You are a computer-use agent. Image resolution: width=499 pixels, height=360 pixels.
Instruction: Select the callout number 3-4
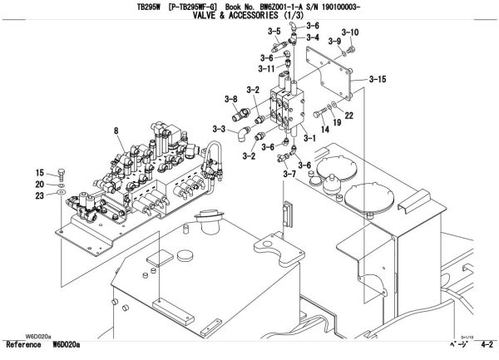313,37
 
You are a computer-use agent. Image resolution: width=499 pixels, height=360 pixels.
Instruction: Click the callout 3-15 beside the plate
377,80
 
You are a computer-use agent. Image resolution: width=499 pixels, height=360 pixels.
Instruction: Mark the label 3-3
220,129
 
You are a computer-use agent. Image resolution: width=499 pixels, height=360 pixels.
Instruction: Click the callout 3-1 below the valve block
309,138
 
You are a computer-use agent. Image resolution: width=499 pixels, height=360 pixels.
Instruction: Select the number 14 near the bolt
324,131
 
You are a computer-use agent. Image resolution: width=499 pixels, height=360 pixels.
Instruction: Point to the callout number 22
349,115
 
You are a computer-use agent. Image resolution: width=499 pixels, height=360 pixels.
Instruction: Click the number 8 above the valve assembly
116,129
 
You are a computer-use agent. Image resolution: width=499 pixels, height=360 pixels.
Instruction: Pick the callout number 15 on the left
39,172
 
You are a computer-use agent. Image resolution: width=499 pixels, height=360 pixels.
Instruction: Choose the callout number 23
39,195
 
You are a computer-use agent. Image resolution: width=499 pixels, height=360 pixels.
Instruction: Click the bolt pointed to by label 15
62,176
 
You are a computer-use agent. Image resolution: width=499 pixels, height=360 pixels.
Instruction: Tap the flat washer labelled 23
62,193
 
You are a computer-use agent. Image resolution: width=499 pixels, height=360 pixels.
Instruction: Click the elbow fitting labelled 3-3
242,131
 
